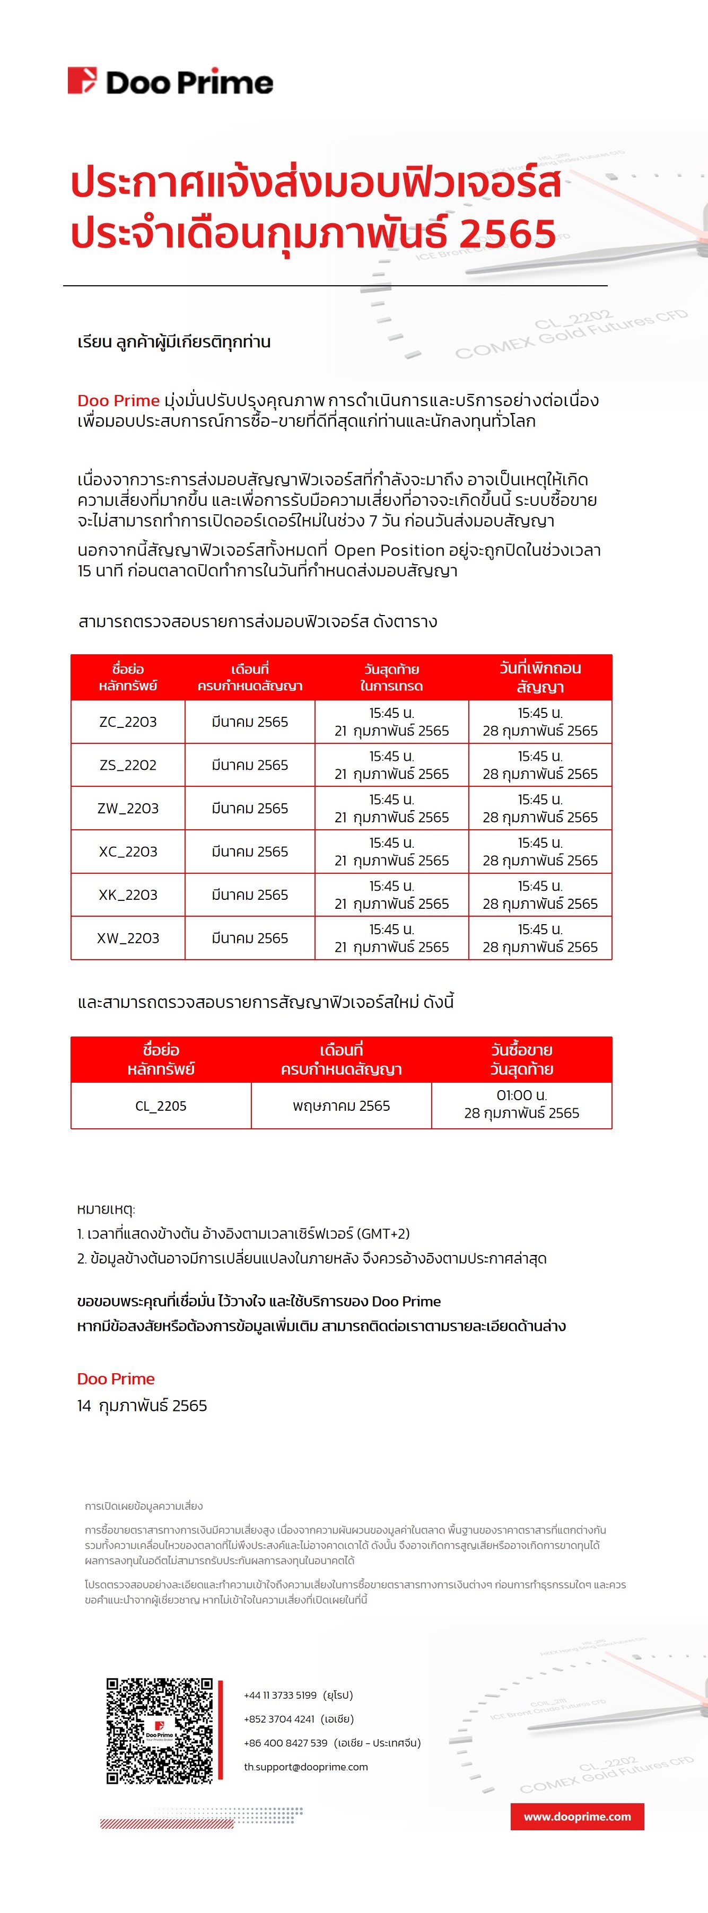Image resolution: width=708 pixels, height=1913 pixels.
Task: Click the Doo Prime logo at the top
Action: pos(170,81)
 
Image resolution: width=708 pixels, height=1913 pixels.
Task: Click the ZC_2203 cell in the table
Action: pos(128,722)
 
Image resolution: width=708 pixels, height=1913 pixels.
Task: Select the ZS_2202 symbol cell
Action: pos(128,765)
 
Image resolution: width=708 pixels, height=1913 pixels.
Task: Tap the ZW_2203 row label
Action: pos(128,808)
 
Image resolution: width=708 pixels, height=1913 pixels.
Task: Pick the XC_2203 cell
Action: pos(128,852)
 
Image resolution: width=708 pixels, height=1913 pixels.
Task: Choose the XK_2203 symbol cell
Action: pos(128,895)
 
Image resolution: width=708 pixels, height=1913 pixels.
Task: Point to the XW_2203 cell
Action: pos(128,938)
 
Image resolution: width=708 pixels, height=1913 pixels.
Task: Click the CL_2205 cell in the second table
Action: pos(161,1106)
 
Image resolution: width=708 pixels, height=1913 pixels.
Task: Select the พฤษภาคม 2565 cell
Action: pos(341,1106)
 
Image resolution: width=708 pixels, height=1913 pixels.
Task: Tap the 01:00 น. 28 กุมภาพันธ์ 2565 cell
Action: pos(521,1104)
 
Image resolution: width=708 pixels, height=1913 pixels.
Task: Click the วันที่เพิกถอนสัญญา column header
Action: pos(540,677)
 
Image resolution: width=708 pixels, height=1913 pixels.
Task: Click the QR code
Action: pos(159,1730)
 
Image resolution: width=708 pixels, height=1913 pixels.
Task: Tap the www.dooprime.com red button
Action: pos(577,1817)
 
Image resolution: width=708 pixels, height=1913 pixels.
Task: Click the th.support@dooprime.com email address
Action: pos(306,1767)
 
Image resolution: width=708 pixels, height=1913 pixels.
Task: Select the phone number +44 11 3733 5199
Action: pos(280,1696)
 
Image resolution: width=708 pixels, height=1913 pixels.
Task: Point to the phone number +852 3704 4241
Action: pos(279,1719)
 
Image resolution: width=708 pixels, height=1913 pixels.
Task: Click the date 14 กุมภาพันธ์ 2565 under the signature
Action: pos(142,1405)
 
